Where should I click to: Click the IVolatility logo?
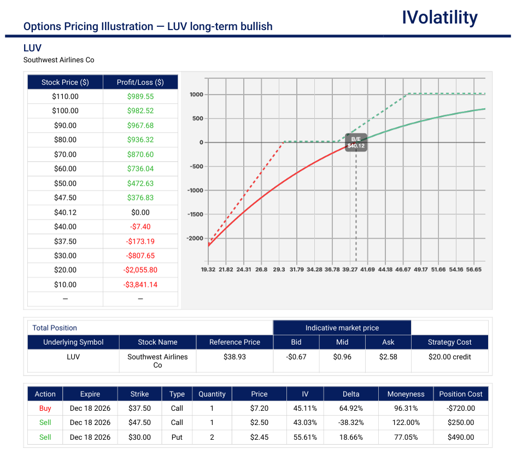[439, 18]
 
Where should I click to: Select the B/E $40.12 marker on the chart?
[356, 143]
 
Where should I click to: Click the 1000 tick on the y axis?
[196, 94]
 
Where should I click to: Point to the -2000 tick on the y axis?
[195, 238]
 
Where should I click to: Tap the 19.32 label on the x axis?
[208, 269]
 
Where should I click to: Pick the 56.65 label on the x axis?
[474, 269]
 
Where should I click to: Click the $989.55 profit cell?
[140, 96]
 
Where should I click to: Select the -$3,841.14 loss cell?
[140, 285]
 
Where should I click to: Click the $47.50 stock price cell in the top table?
[65, 198]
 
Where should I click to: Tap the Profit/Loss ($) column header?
[140, 82]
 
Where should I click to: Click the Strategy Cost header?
[449, 342]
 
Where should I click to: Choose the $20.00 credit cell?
[449, 357]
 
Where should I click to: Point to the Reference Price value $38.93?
[234, 357]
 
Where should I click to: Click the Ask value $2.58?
[388, 357]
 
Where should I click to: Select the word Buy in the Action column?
[45, 408]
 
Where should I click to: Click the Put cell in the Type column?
[177, 437]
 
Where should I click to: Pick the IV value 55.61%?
[305, 437]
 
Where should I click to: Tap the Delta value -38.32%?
[351, 422]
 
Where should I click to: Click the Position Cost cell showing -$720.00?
[461, 408]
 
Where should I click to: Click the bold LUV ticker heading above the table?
[32, 48]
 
